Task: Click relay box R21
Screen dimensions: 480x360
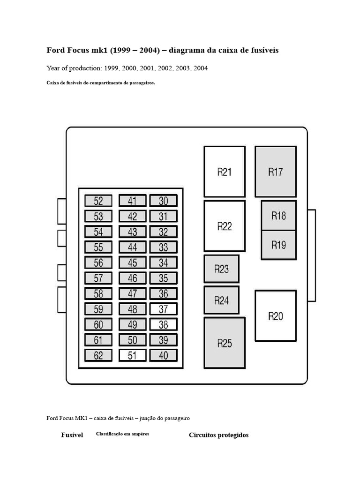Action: [225, 172]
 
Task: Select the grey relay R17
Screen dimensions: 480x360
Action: [275, 172]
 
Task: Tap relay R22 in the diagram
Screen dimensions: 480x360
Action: [225, 226]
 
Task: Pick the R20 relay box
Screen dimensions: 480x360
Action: [275, 316]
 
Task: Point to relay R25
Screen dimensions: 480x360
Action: [225, 343]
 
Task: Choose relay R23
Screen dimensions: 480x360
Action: [221, 269]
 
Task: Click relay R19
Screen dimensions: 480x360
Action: [278, 245]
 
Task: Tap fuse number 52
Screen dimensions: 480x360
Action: [98, 201]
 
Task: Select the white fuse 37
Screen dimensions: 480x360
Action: [163, 309]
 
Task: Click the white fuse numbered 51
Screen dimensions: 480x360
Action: [133, 355]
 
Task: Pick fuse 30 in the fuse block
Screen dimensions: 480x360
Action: [163, 201]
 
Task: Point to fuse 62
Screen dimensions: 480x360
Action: [98, 355]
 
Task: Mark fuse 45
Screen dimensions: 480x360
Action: [133, 263]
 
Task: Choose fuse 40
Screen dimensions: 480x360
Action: [163, 355]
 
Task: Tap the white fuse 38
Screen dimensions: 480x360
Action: [163, 324]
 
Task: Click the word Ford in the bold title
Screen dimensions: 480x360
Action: [55, 50]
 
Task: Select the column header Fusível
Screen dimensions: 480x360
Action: [72, 435]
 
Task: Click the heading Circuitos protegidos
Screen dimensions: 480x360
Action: [218, 435]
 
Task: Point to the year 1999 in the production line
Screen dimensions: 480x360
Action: [112, 68]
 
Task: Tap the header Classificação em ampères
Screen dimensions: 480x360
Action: [122, 434]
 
